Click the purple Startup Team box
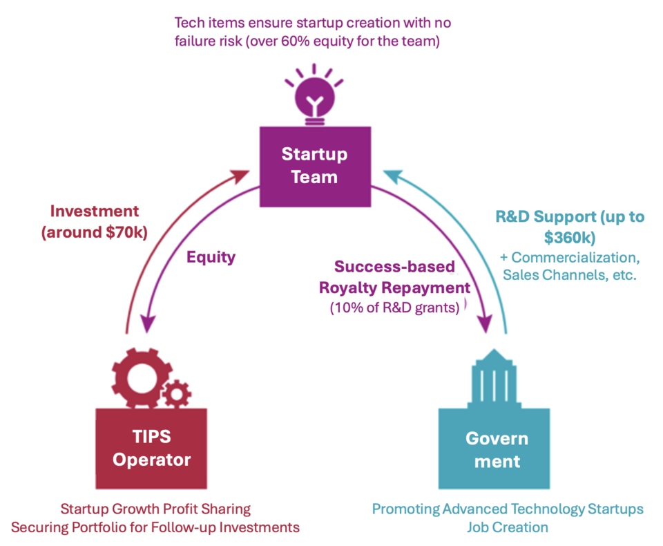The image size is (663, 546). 314,165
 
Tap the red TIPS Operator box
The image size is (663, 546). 151,448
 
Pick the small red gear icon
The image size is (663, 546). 179,393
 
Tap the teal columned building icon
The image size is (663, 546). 494,377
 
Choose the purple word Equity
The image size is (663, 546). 211,257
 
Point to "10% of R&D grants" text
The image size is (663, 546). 395,308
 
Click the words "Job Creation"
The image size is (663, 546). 508,528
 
